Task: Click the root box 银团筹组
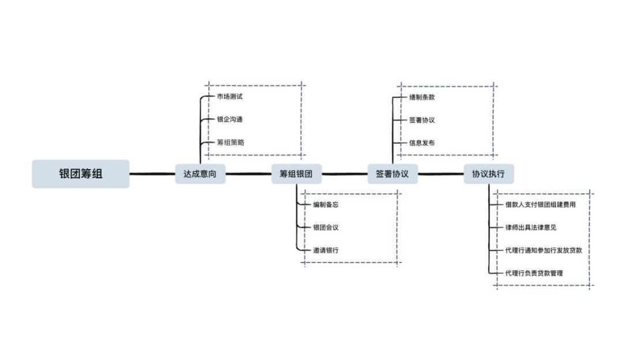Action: (x=81, y=174)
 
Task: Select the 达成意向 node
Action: (x=200, y=174)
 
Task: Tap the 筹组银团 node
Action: (x=297, y=174)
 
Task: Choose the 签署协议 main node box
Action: (x=392, y=174)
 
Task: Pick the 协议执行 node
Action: (x=489, y=174)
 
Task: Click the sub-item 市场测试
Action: (x=230, y=96)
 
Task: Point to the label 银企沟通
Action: (x=230, y=119)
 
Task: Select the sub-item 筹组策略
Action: (x=230, y=142)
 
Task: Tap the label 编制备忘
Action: (x=326, y=204)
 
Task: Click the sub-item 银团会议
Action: (x=326, y=227)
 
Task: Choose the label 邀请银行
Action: (x=326, y=250)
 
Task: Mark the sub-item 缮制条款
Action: (x=422, y=97)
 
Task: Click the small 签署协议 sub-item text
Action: (x=422, y=120)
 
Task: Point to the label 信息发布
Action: (x=422, y=142)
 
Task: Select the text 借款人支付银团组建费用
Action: (x=541, y=204)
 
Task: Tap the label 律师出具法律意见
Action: (x=531, y=227)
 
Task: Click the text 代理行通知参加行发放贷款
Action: (x=543, y=250)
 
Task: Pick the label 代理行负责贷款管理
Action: (x=534, y=273)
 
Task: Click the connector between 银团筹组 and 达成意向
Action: (x=152, y=174)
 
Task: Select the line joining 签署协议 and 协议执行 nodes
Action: (x=441, y=174)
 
